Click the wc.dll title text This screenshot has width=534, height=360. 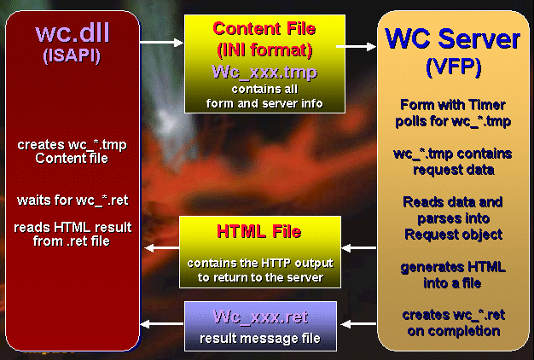coord(73,33)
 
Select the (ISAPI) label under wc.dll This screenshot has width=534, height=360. coord(72,55)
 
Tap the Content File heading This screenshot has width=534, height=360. coord(264,29)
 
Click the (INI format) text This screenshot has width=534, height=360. coord(264,50)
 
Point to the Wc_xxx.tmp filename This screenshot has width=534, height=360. coord(264,73)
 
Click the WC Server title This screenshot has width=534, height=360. coord(453,38)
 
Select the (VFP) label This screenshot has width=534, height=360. coord(454,67)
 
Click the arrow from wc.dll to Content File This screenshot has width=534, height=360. coord(161,43)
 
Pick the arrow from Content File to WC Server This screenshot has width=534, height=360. coord(356,47)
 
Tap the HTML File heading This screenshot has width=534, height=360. coord(259,231)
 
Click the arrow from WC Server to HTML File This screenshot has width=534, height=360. coord(358,248)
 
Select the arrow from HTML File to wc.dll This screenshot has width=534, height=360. coord(162,248)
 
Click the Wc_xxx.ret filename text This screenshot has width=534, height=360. coord(261,316)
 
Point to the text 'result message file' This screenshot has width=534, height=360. coord(260,338)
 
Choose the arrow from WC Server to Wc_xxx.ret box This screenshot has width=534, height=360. coord(358,324)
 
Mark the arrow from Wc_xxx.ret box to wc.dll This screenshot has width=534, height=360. coord(162,324)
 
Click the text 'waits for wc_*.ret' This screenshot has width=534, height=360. coord(73,200)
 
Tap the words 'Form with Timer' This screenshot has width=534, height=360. coord(453,105)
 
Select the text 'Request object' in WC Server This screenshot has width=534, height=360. coord(453,235)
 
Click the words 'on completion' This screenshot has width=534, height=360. coord(454,331)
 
